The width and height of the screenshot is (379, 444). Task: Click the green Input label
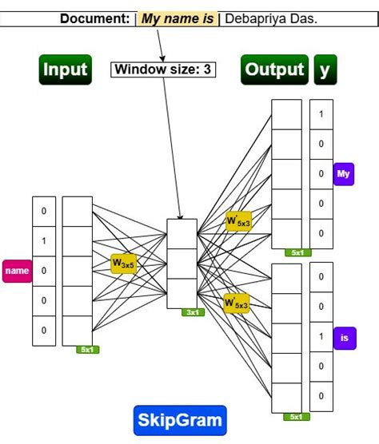tap(66, 69)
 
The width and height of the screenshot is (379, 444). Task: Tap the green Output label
tap(275, 69)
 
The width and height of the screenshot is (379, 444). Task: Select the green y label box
tap(325, 69)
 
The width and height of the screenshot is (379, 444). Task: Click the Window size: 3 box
tap(163, 69)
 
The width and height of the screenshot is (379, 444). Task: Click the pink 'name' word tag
tap(17, 271)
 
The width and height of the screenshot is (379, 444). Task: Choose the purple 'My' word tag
tap(344, 173)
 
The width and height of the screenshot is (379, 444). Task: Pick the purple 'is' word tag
tap(344, 338)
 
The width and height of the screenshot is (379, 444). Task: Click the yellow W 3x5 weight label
tap(124, 262)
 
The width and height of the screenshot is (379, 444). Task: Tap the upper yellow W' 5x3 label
tap(237, 220)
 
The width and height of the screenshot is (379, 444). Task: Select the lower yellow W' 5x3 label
tap(236, 303)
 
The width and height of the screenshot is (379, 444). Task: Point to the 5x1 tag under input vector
tap(86, 349)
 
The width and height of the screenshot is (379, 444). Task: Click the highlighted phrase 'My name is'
tap(178, 18)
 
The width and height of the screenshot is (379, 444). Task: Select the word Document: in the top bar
tap(95, 18)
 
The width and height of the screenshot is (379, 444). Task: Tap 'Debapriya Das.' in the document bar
tap(271, 18)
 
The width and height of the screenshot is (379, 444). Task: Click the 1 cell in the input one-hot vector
tap(44, 240)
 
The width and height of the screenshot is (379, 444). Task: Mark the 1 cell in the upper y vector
tap(321, 114)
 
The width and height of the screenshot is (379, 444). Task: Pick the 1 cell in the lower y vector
tap(321, 337)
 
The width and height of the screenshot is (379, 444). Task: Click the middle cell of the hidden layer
tap(181, 264)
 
